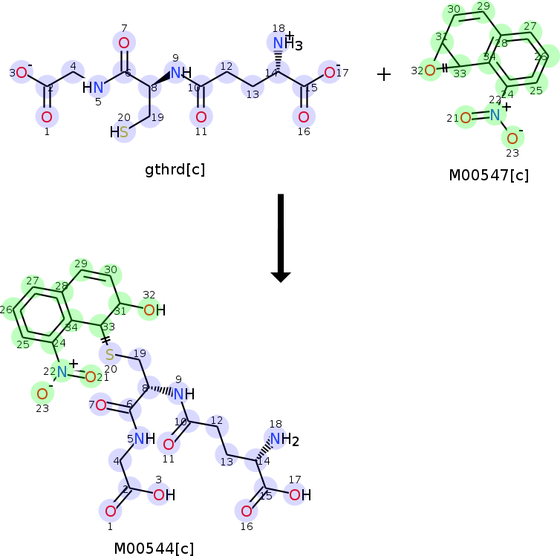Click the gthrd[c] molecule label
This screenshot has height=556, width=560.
(x=175, y=169)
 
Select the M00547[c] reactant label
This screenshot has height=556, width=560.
(x=489, y=176)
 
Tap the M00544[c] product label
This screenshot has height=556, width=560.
(x=154, y=549)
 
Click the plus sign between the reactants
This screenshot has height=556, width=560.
(x=383, y=74)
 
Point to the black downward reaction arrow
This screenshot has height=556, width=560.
(x=280, y=238)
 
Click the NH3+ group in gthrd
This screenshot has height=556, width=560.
(x=283, y=44)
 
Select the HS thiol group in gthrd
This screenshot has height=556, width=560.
(x=120, y=132)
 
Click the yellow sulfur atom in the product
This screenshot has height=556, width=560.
(x=109, y=355)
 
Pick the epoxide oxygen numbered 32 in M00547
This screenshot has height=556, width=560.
(x=429, y=71)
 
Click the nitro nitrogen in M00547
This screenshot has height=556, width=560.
(x=495, y=114)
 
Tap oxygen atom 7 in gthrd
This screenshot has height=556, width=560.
(x=124, y=43)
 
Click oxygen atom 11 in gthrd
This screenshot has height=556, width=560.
(x=201, y=117)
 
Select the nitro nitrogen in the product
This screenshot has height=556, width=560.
(x=62, y=373)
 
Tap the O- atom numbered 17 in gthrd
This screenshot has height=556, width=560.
(x=329, y=72)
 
